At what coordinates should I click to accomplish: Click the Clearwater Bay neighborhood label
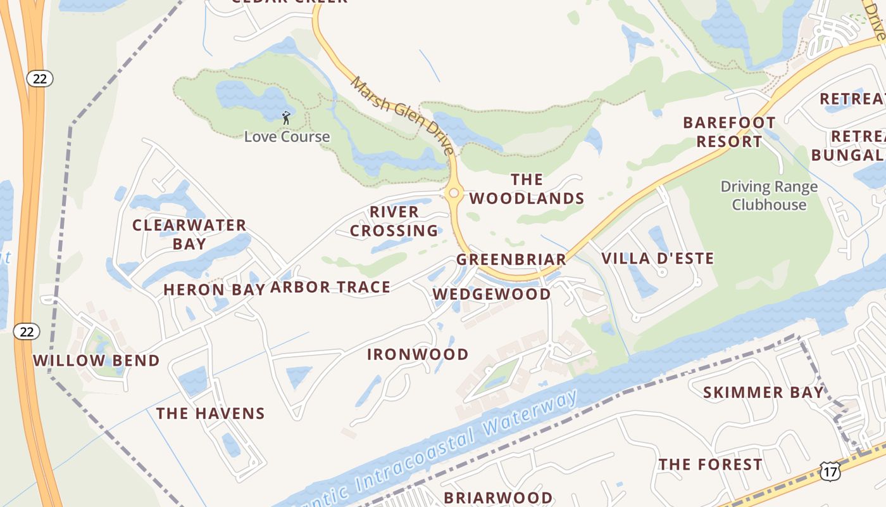coord(189,234)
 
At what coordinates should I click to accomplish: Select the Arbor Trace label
coord(330,287)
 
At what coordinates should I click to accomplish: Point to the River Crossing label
coord(394,221)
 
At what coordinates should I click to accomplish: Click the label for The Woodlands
coord(527,189)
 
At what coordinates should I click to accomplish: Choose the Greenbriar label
coord(511,259)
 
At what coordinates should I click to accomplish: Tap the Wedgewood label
coord(492,294)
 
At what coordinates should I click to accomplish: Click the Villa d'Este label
coord(658,259)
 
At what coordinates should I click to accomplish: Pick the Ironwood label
coord(418,354)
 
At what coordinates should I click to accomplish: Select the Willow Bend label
coord(96,361)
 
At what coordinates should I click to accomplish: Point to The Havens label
coord(211,414)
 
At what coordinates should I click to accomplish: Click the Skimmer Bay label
coord(763,392)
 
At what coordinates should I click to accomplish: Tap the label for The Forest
coord(710,465)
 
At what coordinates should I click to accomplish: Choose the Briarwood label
coord(498,497)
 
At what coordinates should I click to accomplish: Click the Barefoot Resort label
coord(729,132)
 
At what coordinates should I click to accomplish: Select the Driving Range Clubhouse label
coord(769,196)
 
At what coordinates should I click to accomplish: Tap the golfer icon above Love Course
coord(286,117)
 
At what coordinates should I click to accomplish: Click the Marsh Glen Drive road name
coord(403,115)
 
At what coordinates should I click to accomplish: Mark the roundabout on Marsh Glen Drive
coord(453,193)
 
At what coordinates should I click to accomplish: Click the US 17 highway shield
coord(830,470)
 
